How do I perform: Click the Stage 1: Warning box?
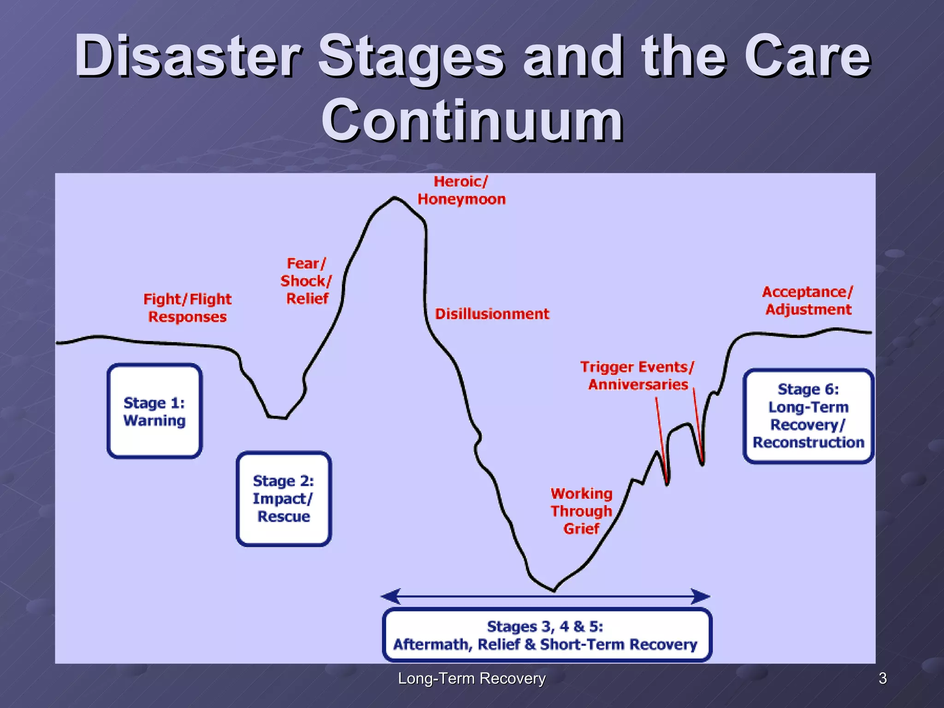tap(154, 411)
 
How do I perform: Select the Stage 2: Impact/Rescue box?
tap(283, 499)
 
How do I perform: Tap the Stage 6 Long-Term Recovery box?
tap(808, 416)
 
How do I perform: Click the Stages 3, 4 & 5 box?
tap(547, 635)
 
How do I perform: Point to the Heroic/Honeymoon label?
tap(461, 190)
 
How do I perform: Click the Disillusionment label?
tap(492, 314)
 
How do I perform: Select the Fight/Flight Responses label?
tap(187, 308)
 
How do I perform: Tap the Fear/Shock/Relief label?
tap(306, 281)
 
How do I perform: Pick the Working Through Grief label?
tap(581, 511)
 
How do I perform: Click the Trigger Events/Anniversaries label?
tap(637, 376)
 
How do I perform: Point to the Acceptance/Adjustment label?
tap(808, 301)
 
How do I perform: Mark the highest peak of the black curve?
tap(394, 198)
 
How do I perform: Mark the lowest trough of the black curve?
tap(554, 590)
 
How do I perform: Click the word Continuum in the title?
tap(472, 121)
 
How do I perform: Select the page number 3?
tap(882, 678)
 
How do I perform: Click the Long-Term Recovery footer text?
tap(472, 678)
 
